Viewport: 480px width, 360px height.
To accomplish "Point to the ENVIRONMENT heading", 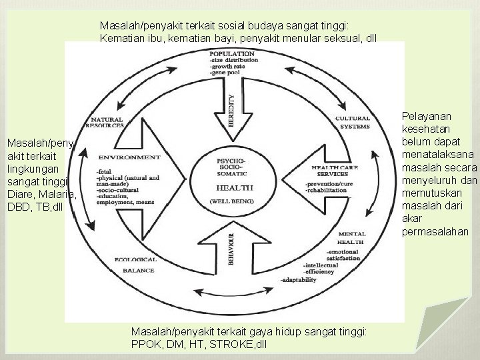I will coord(128,157).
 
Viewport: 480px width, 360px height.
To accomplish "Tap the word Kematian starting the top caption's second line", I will coord(121,37).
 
